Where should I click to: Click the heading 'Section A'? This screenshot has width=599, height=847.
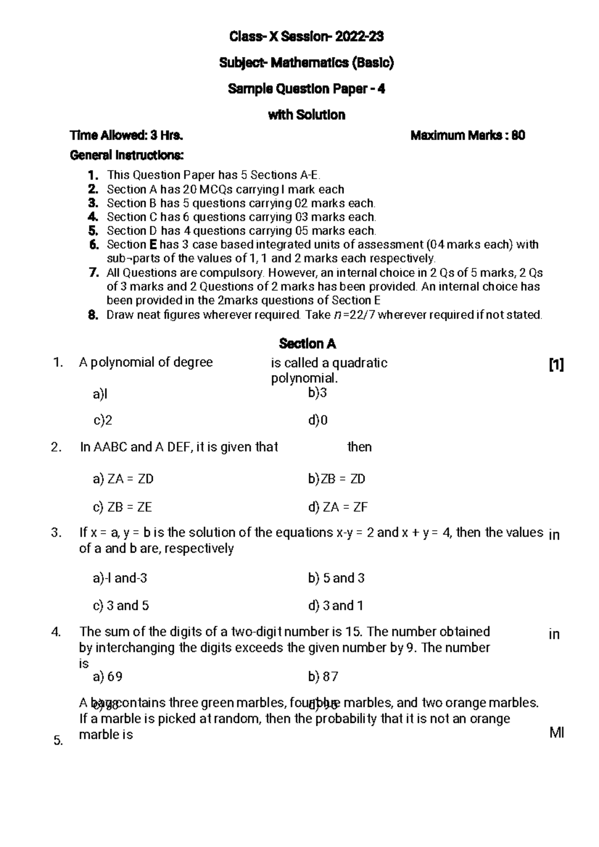pos(307,344)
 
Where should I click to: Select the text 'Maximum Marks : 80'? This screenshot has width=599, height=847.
pos(467,135)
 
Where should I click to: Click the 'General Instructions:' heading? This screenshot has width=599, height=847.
pos(127,156)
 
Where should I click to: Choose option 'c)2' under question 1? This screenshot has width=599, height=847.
pos(103,421)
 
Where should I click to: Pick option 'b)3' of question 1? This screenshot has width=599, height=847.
pos(317,393)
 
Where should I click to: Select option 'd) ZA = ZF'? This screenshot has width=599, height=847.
pos(338,507)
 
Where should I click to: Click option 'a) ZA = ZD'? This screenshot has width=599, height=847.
pos(123,479)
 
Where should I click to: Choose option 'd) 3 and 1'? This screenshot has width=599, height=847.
pos(336,606)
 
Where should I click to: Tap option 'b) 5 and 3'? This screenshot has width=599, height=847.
pos(336,578)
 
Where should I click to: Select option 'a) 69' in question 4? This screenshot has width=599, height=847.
pos(107,676)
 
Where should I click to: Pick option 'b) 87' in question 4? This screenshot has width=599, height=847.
pos(323,676)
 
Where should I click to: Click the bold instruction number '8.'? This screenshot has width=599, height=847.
pos(93,315)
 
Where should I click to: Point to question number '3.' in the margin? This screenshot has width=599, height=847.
pos(56,533)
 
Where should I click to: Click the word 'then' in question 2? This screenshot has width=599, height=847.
pos(359,447)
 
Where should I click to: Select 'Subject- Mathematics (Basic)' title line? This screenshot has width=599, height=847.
pos(306,63)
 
